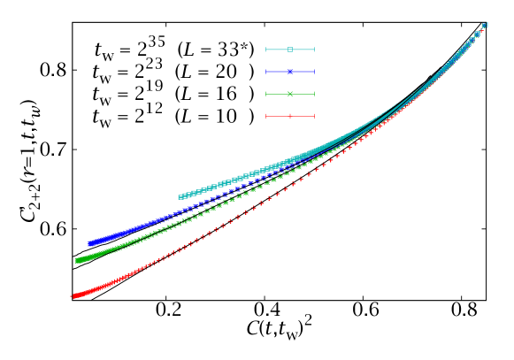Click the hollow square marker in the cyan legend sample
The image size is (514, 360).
tap(290, 50)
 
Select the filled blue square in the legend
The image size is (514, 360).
tap(290, 72)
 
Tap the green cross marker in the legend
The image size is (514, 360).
tap(290, 94)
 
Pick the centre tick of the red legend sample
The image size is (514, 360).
tap(290, 116)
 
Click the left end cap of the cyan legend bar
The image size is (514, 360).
tap(266, 50)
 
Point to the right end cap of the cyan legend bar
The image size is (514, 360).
tap(314, 50)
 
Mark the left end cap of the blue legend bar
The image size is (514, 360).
tap(266, 72)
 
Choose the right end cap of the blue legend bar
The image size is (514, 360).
tap(314, 72)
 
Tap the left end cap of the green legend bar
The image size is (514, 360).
tap(266, 94)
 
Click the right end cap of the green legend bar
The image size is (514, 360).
tap(314, 94)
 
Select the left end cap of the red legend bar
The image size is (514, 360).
tap(266, 116)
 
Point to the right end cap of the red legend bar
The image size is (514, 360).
tap(314, 116)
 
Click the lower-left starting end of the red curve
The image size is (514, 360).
tap(73, 296)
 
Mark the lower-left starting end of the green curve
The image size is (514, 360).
tap(77, 261)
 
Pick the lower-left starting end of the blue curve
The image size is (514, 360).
tap(89, 243)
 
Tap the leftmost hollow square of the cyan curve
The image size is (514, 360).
tap(180, 197)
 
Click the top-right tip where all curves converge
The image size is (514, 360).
tap(486, 25)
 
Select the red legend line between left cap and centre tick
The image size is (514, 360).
tap(278, 116)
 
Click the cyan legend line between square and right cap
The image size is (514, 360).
tap(303, 50)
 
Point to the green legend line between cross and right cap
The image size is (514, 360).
tap(303, 94)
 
